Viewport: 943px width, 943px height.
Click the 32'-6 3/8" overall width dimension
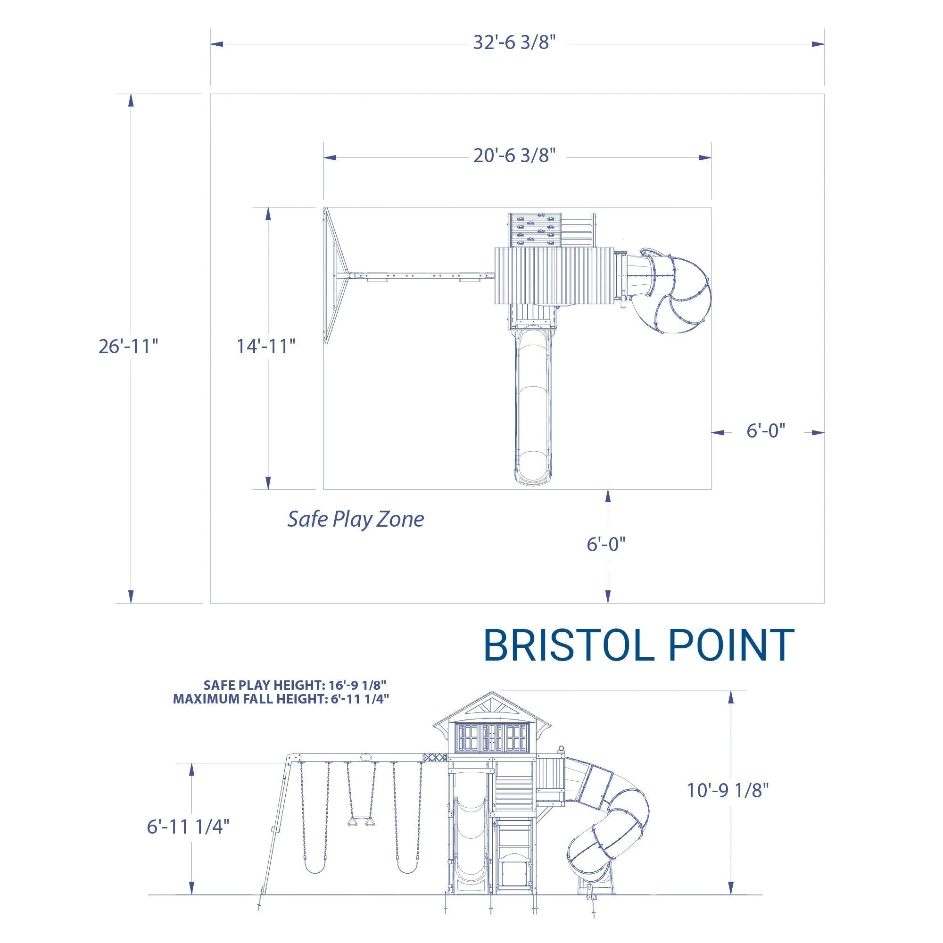coord(514,43)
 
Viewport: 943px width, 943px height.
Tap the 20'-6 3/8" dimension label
coord(514,156)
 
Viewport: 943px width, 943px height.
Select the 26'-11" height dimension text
coord(128,346)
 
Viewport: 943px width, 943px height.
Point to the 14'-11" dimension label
coord(266,346)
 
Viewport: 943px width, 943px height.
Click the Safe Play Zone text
coord(356,519)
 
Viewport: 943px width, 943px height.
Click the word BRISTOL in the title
coord(571,645)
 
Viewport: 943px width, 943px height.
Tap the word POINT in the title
coord(731,645)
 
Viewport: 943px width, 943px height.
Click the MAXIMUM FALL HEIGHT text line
coord(281,699)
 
